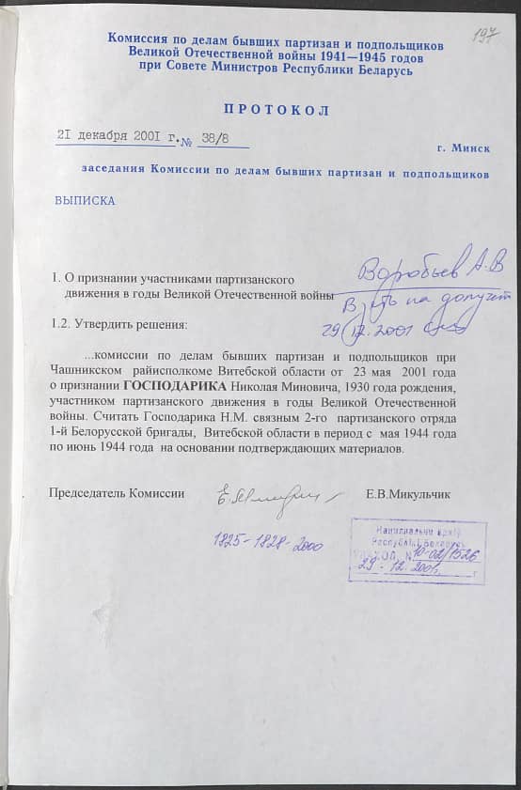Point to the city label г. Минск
463,148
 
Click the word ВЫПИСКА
85,200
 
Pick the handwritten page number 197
485,37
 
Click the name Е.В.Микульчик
409,492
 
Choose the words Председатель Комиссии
117,492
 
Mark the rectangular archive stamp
417,551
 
